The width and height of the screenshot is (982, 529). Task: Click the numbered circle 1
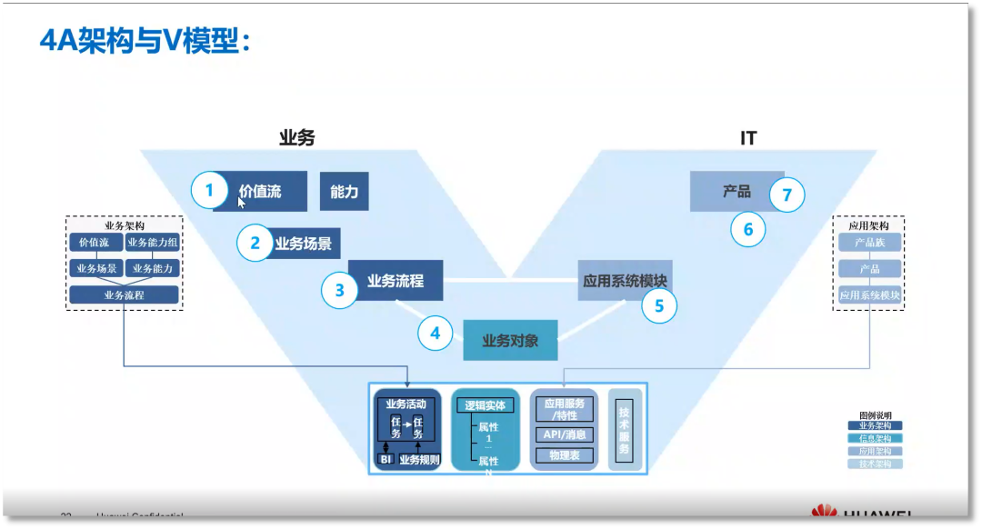click(x=209, y=191)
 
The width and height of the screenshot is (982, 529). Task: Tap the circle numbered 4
click(x=436, y=334)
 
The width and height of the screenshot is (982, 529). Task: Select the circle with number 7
click(x=787, y=195)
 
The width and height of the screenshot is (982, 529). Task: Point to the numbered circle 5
click(x=659, y=306)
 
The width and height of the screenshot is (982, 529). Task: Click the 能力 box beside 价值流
click(x=345, y=192)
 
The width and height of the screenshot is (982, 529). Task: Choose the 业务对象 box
click(x=510, y=341)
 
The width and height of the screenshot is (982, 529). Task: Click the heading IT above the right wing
click(x=748, y=139)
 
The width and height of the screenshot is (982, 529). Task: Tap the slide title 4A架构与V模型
click(x=145, y=41)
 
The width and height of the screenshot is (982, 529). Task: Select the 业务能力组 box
click(x=152, y=243)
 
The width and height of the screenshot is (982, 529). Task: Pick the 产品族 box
click(x=869, y=243)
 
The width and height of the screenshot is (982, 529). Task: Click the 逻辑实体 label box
click(x=485, y=405)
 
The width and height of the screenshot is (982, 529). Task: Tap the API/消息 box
click(x=565, y=434)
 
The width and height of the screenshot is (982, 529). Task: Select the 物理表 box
click(x=565, y=454)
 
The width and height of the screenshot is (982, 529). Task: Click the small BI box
click(x=385, y=460)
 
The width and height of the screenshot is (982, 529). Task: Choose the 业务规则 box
click(x=420, y=460)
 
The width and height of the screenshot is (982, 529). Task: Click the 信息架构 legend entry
click(x=876, y=438)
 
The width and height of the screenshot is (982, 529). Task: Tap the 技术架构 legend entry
click(x=876, y=464)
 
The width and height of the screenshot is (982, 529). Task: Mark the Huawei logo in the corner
click(x=824, y=514)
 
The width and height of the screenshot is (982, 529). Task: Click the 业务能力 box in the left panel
click(x=152, y=269)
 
